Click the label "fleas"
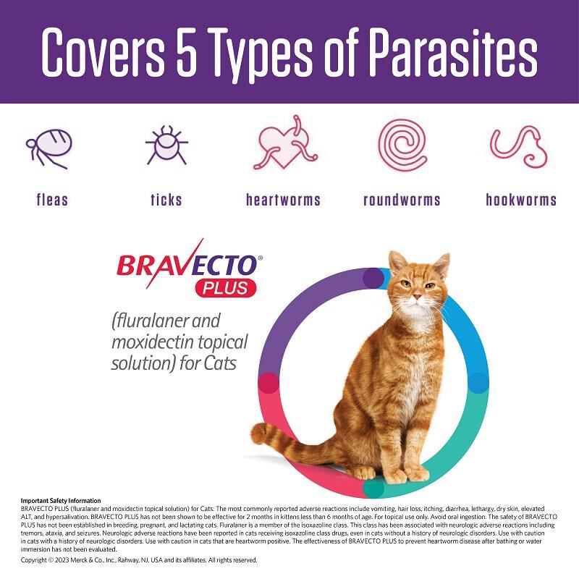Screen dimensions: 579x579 point(51,200)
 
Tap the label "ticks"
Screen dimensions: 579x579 point(166,200)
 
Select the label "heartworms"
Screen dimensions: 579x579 point(283,200)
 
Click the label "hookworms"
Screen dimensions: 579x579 point(521,200)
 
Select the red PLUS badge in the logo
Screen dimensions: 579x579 point(224,287)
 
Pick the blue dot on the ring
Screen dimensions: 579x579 point(478,383)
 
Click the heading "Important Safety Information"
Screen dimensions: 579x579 point(62,501)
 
